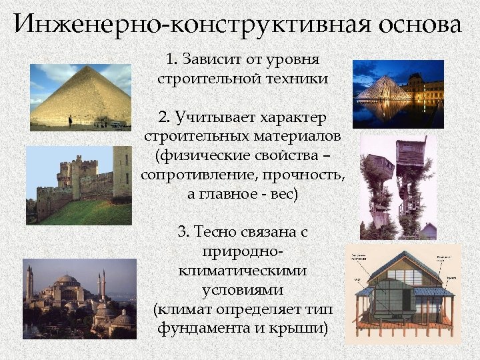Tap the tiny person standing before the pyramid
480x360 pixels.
tap(69, 121)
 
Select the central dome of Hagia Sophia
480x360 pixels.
tap(67, 280)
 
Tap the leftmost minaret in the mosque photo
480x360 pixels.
tap(29, 283)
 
